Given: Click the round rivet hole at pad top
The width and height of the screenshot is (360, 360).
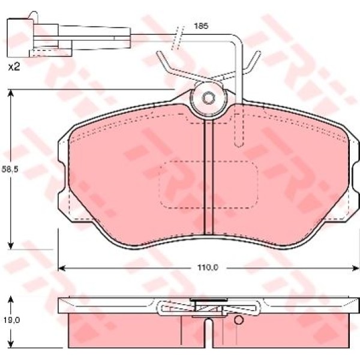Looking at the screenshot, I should tap(208, 99).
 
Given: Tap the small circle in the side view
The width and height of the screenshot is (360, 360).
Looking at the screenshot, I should tap(238, 320).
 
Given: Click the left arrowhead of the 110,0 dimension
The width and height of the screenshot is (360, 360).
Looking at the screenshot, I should tap(61, 266).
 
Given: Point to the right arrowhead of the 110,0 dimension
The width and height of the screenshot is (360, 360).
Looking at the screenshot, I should tap(353, 266).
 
